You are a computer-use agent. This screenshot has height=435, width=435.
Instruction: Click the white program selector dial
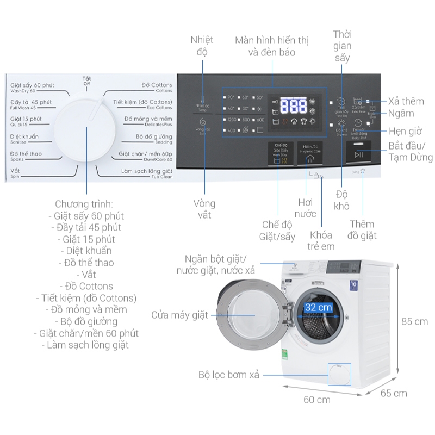pos(86,130)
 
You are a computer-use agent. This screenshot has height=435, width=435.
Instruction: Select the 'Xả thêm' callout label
pos(406,101)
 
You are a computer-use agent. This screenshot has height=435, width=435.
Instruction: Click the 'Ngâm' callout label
pos(401,113)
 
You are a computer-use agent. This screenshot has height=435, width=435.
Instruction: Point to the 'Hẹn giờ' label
pos(406,131)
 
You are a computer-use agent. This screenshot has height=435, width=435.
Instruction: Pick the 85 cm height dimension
pos(414,321)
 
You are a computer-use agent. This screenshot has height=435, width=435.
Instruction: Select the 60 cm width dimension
pos(316,400)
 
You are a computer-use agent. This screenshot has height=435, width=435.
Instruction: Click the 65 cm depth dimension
pos(393,393)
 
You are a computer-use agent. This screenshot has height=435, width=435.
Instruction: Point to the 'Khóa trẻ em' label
pos(321,240)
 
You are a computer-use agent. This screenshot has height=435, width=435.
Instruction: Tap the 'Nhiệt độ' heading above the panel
pos(202,46)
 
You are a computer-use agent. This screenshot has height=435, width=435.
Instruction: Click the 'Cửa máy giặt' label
pos(179,315)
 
